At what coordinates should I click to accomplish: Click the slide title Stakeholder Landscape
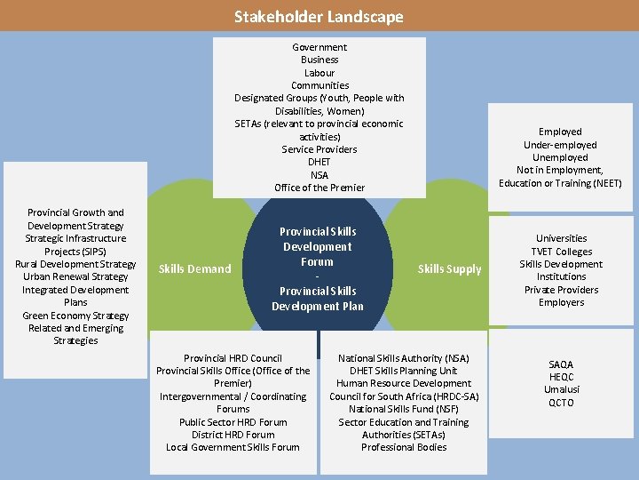pos(319,16)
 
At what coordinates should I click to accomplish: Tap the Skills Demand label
pos(194,268)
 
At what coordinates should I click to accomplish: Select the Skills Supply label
pos(450,268)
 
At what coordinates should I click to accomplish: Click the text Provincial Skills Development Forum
pos(318,246)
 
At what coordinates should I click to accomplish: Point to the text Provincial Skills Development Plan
pos(318,299)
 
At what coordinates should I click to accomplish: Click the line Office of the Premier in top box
pos(319,188)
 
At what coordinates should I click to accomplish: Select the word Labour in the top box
pos(319,73)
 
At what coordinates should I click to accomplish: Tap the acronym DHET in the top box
pos(319,162)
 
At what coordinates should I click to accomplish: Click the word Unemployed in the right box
pos(560,157)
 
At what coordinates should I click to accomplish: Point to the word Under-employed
pos(560,145)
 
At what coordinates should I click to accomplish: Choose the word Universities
pos(561,238)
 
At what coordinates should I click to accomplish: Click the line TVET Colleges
pos(561,251)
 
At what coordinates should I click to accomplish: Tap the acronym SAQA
pos(561,364)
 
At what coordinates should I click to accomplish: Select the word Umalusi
pos(561,390)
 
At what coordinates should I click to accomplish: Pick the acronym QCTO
pos(561,403)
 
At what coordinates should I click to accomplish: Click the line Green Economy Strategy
pos(75,316)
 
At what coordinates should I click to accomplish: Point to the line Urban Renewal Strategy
pos(75,276)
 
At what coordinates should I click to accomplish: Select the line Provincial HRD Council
pos(233,358)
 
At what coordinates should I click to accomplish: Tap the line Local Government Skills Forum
pos(233,447)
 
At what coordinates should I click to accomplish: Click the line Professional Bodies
pos(404,447)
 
